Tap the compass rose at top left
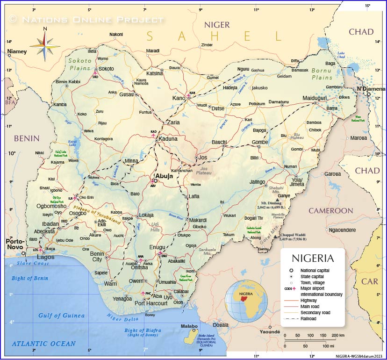pyautogui.click(x=45, y=44)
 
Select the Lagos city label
pyautogui.click(x=45, y=257)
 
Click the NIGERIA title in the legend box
pyautogui.click(x=313, y=258)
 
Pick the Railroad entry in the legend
pyautogui.click(x=308, y=318)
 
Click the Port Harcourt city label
pyautogui.click(x=151, y=303)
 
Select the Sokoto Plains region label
pyautogui.click(x=79, y=65)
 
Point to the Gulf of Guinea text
pyautogui.click(x=62, y=316)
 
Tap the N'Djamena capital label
pyautogui.click(x=371, y=89)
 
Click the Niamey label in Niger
pyautogui.click(x=17, y=51)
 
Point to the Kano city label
pyautogui.click(x=179, y=98)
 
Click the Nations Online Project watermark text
pyautogui.click(x=87, y=20)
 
